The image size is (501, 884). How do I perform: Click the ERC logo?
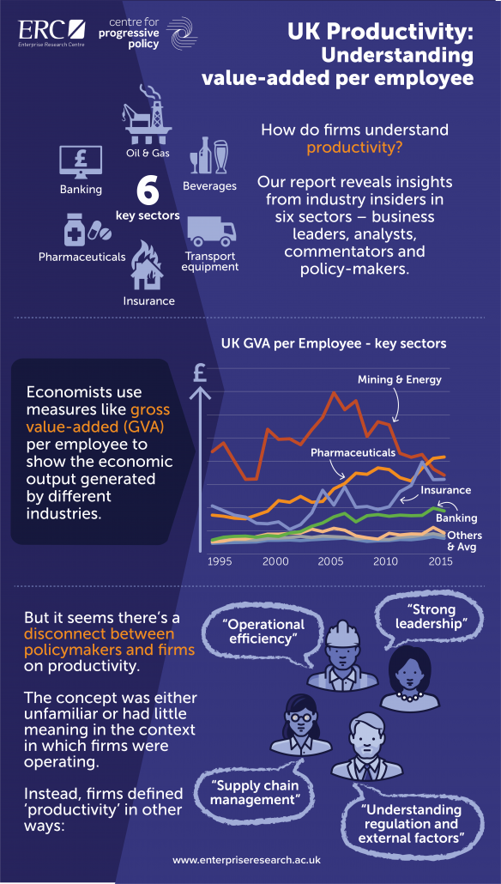[51, 33]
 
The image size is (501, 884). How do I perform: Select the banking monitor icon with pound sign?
[81, 162]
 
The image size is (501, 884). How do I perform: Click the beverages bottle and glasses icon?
[208, 155]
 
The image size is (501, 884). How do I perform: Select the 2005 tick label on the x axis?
[330, 561]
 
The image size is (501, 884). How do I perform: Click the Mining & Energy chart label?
[400, 380]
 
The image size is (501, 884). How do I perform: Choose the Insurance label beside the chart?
[446, 490]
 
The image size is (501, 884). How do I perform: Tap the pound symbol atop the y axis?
[200, 372]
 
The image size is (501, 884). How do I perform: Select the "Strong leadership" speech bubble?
[428, 617]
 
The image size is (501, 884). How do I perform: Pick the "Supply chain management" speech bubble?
[256, 793]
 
